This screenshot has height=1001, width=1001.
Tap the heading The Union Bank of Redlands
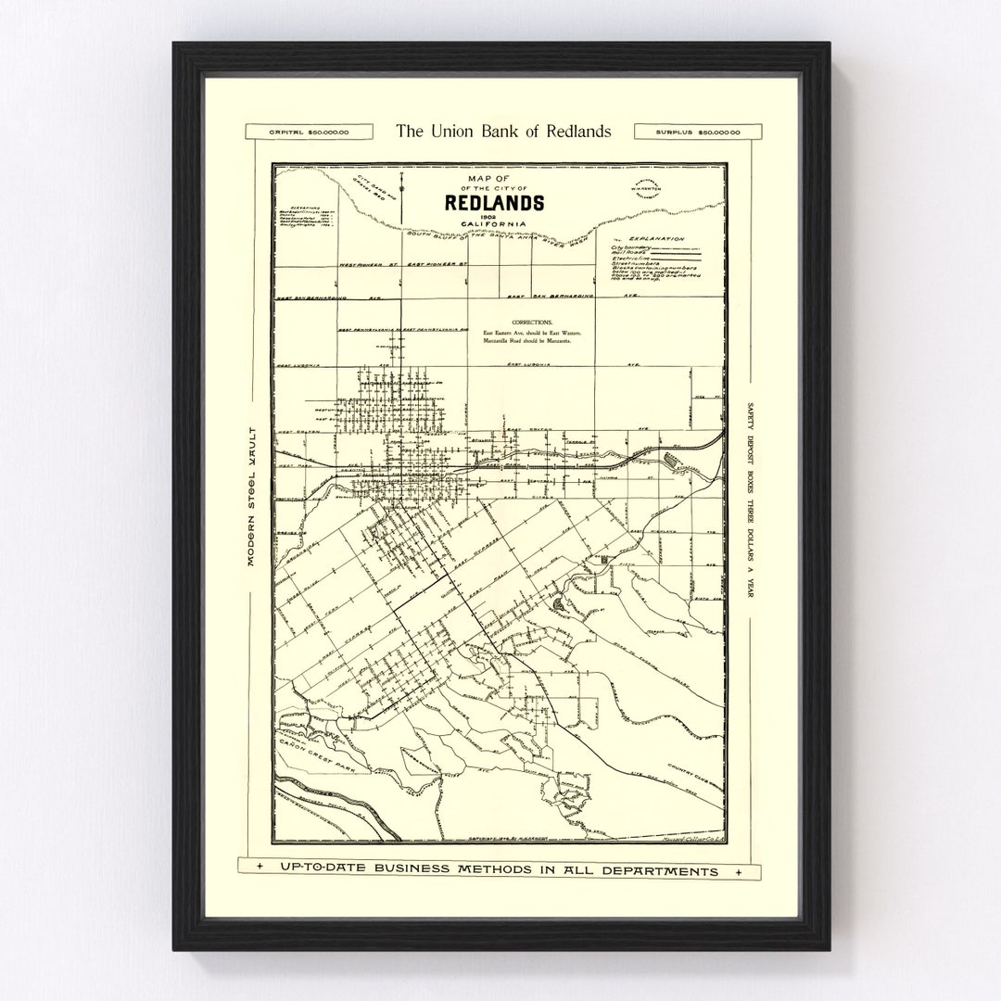point(502,132)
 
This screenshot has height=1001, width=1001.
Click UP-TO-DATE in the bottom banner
point(312,871)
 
